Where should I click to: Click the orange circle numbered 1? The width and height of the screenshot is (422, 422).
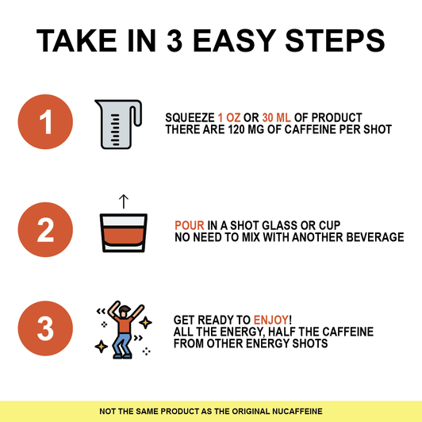[45, 121]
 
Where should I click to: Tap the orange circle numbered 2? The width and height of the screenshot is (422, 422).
[45, 229]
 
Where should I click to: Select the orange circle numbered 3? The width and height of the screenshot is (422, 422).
[45, 328]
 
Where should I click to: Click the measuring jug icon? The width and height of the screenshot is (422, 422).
[118, 124]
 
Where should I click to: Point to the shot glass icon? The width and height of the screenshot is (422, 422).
[124, 232]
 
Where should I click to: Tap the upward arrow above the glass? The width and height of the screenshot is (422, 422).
[124, 201]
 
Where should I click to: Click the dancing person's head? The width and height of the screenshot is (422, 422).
[124, 311]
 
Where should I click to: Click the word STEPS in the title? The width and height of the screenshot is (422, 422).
[335, 40]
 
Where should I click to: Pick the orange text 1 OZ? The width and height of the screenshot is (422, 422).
[229, 117]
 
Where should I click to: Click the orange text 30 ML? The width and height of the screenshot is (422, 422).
[276, 117]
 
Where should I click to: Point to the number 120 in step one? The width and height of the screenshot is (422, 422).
[236, 129]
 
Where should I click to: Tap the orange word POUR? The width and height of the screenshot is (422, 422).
[190, 225]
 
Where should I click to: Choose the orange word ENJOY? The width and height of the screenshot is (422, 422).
[271, 320]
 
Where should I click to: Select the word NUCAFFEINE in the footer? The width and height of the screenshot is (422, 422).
[297, 411]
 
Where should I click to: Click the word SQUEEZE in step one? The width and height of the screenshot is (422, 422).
[190, 117]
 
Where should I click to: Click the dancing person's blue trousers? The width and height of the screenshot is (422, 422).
[122, 344]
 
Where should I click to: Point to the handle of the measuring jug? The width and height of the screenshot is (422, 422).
[136, 113]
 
